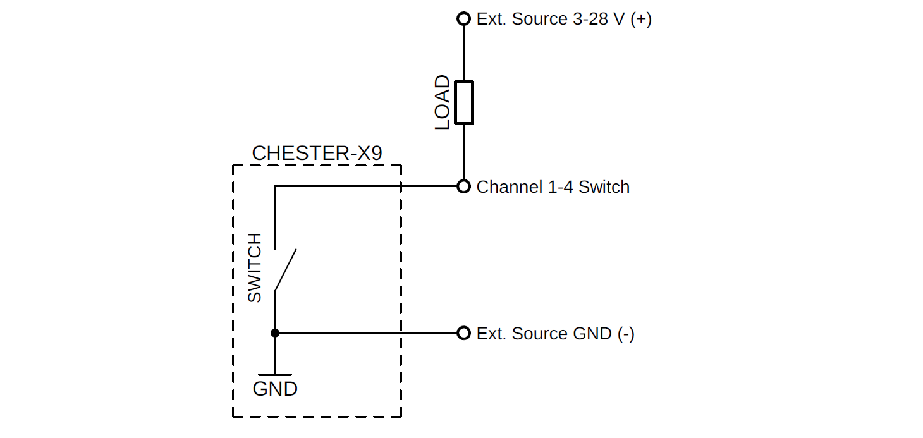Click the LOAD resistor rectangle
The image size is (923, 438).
tap(464, 102)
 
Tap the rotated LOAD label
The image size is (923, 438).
tap(443, 102)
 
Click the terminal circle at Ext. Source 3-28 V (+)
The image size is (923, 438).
tap(464, 18)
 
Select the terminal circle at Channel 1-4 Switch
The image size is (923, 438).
tap(464, 186)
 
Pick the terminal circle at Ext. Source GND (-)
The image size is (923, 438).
tap(464, 333)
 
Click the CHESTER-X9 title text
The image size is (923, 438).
tap(317, 154)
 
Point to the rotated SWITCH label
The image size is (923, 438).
tap(254, 267)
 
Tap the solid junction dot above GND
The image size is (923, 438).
tap(275, 333)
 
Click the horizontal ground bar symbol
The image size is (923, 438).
tap(275, 375)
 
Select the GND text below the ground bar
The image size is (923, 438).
tap(275, 389)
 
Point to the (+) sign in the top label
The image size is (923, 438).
tap(641, 19)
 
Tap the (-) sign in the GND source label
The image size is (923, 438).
tap(627, 334)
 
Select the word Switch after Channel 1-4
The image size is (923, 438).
tap(604, 187)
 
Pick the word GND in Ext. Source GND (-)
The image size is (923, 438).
tap(592, 334)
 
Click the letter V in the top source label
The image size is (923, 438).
tap(620, 19)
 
